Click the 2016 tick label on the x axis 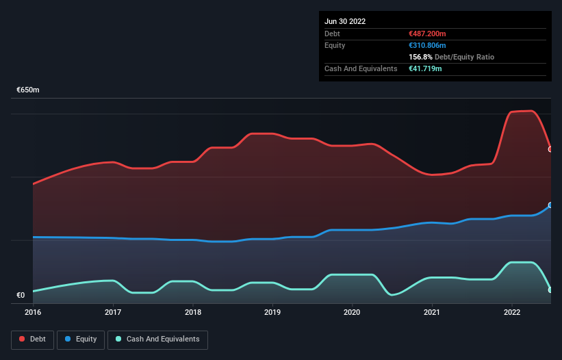pos(33,312)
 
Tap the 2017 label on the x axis pos(113,312)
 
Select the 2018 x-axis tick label pos(193,312)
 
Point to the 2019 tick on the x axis pos(272,312)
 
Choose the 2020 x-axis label pos(353,312)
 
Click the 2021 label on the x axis pos(432,312)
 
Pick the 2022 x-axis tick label pos(512,312)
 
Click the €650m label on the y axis pos(28,90)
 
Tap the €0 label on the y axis pos(21,296)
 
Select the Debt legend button pos(31,339)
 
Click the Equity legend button pos(81,339)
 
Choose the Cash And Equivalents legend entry pos(157,339)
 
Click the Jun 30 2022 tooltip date pos(345,21)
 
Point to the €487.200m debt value pos(427,34)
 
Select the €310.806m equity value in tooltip pos(427,45)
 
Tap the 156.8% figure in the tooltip pos(419,57)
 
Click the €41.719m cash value pos(424,68)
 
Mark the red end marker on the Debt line pos(550,149)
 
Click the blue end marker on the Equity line pos(550,205)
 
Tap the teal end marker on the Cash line pos(550,290)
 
